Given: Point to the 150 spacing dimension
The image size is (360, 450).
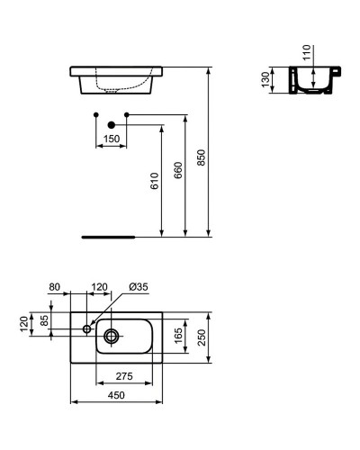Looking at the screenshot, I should [x=111, y=139].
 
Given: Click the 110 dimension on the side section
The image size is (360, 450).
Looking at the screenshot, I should [x=306, y=53].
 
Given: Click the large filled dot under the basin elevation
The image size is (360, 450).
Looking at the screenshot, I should [x=111, y=124].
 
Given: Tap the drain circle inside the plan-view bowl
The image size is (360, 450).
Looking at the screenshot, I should [x=112, y=336].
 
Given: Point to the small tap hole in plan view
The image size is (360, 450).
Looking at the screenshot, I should [x=87, y=328].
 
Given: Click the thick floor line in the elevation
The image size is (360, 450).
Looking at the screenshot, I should [x=108, y=237].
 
